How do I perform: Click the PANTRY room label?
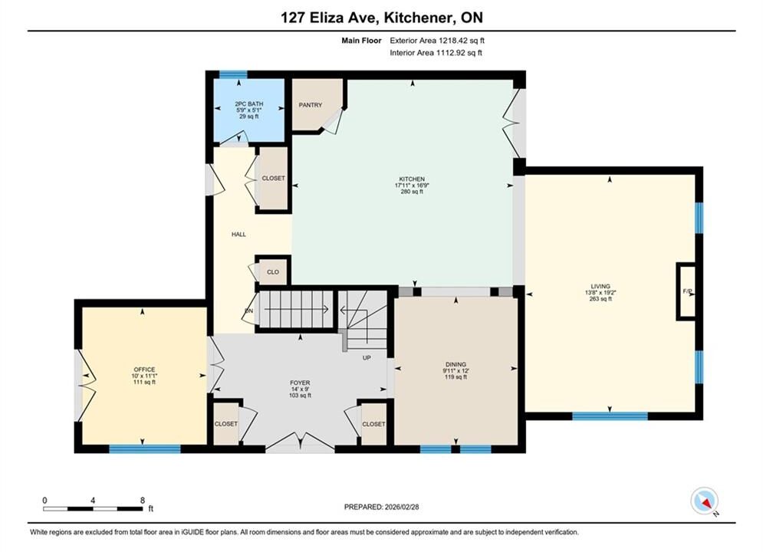(311, 105)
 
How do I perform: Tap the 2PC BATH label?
(249, 104)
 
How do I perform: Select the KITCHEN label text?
(412, 179)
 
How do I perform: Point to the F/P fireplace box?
(687, 291)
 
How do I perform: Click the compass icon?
(704, 501)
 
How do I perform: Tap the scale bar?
(93, 509)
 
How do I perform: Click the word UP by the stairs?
(367, 358)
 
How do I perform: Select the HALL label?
(238, 235)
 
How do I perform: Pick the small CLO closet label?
(273, 272)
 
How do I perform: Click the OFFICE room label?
(144, 370)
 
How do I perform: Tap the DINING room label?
(456, 364)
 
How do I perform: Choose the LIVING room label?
(600, 287)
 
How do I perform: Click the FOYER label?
(300, 383)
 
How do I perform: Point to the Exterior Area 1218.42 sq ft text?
(437, 41)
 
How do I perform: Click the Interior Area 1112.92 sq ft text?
(436, 53)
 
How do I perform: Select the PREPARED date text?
(382, 507)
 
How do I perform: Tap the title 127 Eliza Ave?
(329, 18)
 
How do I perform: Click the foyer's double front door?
(301, 441)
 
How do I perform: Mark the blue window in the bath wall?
(233, 74)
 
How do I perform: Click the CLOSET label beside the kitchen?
(274, 179)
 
